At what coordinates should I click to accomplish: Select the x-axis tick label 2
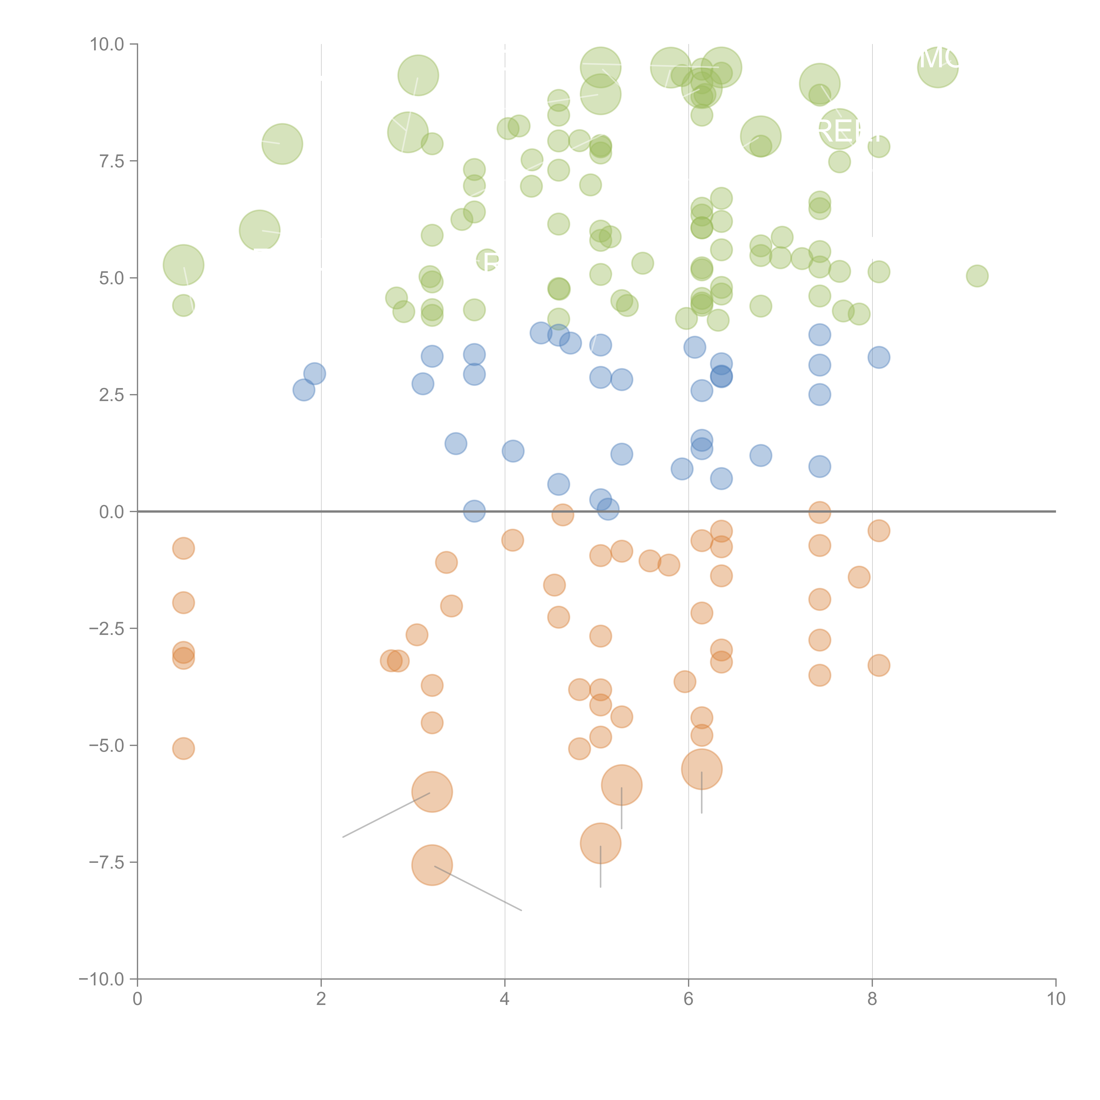[321, 999]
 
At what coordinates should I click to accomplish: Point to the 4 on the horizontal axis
[505, 999]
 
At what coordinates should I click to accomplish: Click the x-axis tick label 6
[688, 999]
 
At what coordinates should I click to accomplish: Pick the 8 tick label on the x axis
[872, 999]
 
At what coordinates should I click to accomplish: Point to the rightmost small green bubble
[977, 276]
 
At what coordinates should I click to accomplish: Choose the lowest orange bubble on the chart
[432, 865]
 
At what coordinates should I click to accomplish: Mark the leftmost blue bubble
[304, 390]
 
